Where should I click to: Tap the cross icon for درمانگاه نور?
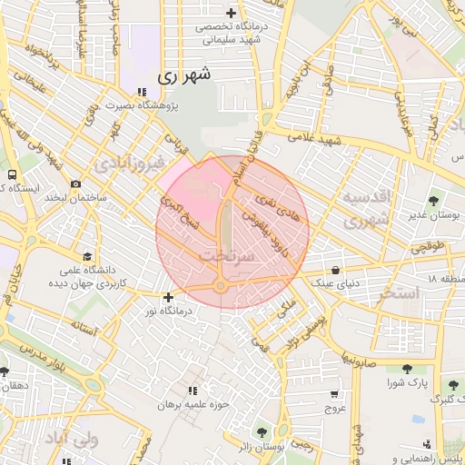tap(168, 297)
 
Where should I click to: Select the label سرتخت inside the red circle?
tap(222, 257)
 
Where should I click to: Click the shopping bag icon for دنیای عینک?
tap(337, 270)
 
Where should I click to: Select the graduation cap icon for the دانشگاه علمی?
tap(87, 257)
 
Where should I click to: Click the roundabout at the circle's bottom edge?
tap(221, 287)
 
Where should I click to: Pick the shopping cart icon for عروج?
tap(336, 394)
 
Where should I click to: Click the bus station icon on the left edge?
tap(12, 174)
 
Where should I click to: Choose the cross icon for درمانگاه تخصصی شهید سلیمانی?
tap(232, 14)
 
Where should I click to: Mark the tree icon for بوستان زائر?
tap(262, 432)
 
